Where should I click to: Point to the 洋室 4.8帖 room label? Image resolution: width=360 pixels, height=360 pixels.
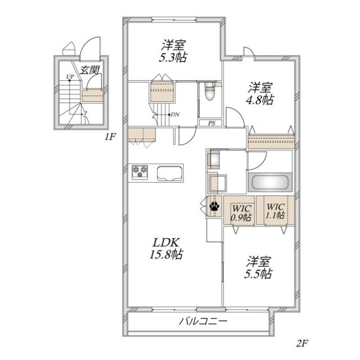pos(260,93)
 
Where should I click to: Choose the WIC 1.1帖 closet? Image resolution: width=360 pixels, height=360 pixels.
pos(275,210)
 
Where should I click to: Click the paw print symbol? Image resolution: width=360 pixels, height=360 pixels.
pos(215,206)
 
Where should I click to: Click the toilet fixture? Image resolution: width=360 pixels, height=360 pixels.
pos(209,91)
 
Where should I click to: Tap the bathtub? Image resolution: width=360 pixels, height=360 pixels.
pos(270,183)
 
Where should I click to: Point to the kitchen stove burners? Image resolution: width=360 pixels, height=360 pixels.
pos(140,172)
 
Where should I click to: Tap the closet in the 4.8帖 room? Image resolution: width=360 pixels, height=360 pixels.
pos(271,141)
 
